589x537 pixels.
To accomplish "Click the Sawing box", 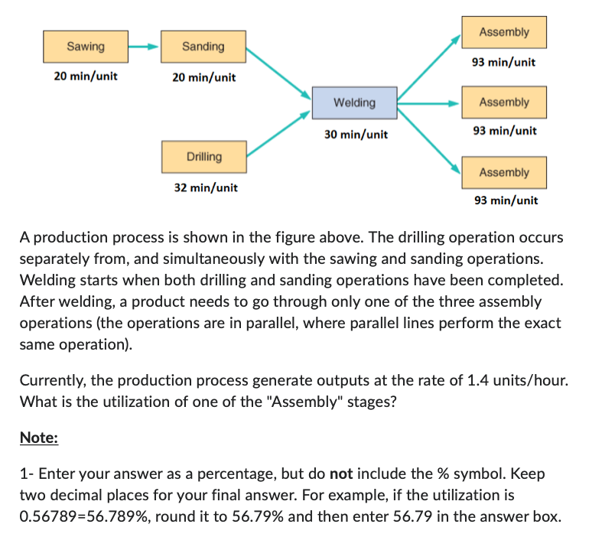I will point(86,47).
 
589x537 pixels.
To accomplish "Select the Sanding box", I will point(203,47).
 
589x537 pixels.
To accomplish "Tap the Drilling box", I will point(203,157).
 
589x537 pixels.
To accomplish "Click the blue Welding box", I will point(354,103).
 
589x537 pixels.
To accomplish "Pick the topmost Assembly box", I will point(503,32).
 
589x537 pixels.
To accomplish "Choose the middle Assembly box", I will point(503,103).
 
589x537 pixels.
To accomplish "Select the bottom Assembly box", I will point(503,173).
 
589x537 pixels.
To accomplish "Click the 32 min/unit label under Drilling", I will point(206,187).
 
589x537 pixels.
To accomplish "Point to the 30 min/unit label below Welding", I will point(356,134).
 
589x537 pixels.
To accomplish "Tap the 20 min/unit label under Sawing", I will point(86,76).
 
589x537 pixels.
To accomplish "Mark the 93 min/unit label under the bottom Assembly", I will point(506,200).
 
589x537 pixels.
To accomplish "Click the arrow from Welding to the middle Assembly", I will point(429,103).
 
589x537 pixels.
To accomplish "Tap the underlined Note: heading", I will point(38,438).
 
